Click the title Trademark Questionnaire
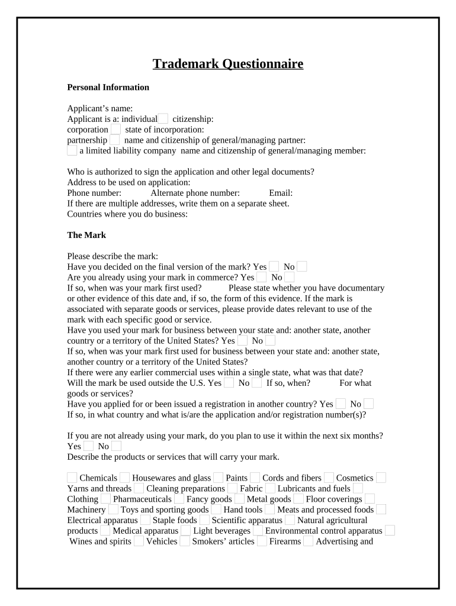228,64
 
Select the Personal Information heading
108,88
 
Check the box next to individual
163,119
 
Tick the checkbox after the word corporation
116,130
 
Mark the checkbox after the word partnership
115,140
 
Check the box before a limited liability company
72,151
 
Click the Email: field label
281,193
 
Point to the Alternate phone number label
195,193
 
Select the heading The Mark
86,235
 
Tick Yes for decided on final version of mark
274,267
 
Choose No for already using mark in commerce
290,277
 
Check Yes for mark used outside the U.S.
229,383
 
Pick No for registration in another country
368,404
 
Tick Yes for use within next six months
88,446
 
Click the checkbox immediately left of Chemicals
72,478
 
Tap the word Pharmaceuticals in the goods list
142,499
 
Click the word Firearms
285,541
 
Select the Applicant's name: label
100,108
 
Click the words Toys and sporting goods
165,510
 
